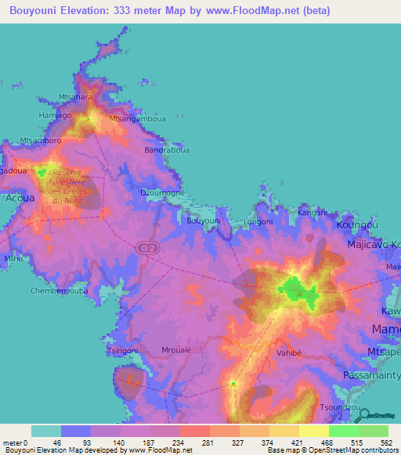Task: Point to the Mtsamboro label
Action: tap(41, 141)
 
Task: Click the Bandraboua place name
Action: tap(167, 149)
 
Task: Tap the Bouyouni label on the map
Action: tap(204, 221)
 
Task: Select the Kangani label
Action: tap(312, 212)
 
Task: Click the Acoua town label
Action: tap(16, 199)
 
